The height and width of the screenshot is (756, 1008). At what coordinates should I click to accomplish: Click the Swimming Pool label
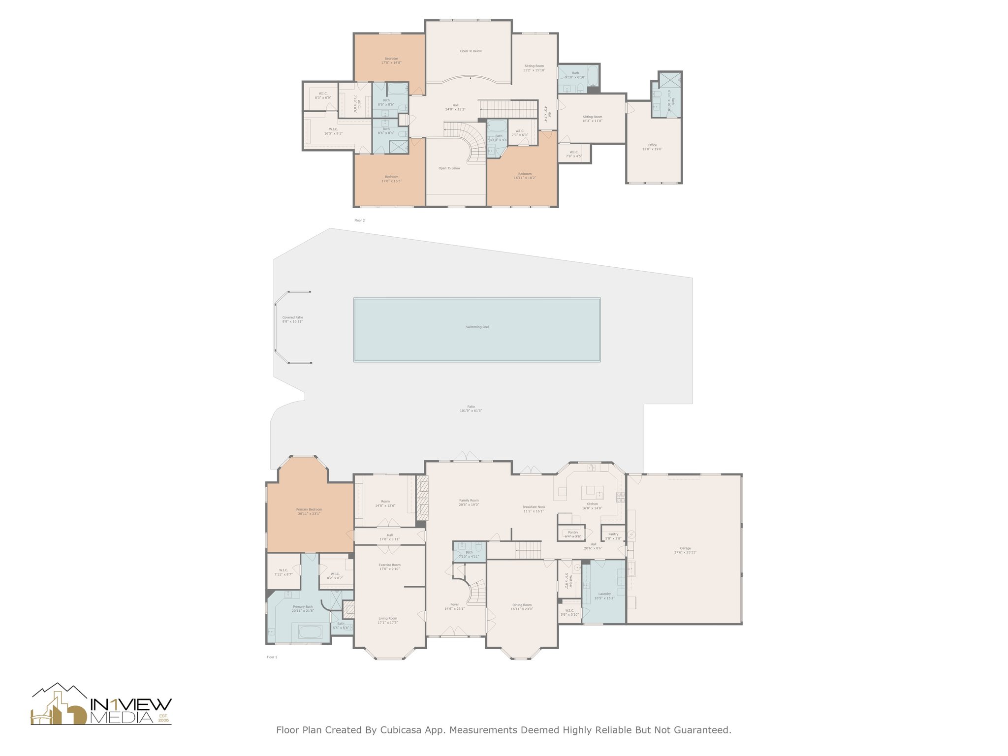point(476,327)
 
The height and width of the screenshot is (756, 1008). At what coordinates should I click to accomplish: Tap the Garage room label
point(685,548)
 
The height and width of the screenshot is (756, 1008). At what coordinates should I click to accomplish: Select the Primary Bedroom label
point(309,510)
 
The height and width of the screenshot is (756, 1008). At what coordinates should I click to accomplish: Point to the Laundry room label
point(604,594)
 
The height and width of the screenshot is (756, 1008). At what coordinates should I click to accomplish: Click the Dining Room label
point(522,605)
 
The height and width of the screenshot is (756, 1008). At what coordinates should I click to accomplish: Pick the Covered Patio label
point(292,317)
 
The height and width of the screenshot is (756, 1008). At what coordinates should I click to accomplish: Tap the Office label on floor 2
point(652,145)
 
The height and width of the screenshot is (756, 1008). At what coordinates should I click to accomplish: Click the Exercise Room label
point(389,565)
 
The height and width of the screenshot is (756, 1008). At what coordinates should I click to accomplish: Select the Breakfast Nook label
point(534,507)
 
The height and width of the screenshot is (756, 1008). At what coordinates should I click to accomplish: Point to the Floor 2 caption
point(360,220)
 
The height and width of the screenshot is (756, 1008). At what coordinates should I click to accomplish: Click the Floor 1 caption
point(272,657)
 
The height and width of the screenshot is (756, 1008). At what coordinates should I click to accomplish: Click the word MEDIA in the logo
point(122,718)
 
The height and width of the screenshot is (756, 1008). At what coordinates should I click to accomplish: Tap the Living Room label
point(388,619)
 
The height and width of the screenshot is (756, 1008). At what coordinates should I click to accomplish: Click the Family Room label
point(469,501)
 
